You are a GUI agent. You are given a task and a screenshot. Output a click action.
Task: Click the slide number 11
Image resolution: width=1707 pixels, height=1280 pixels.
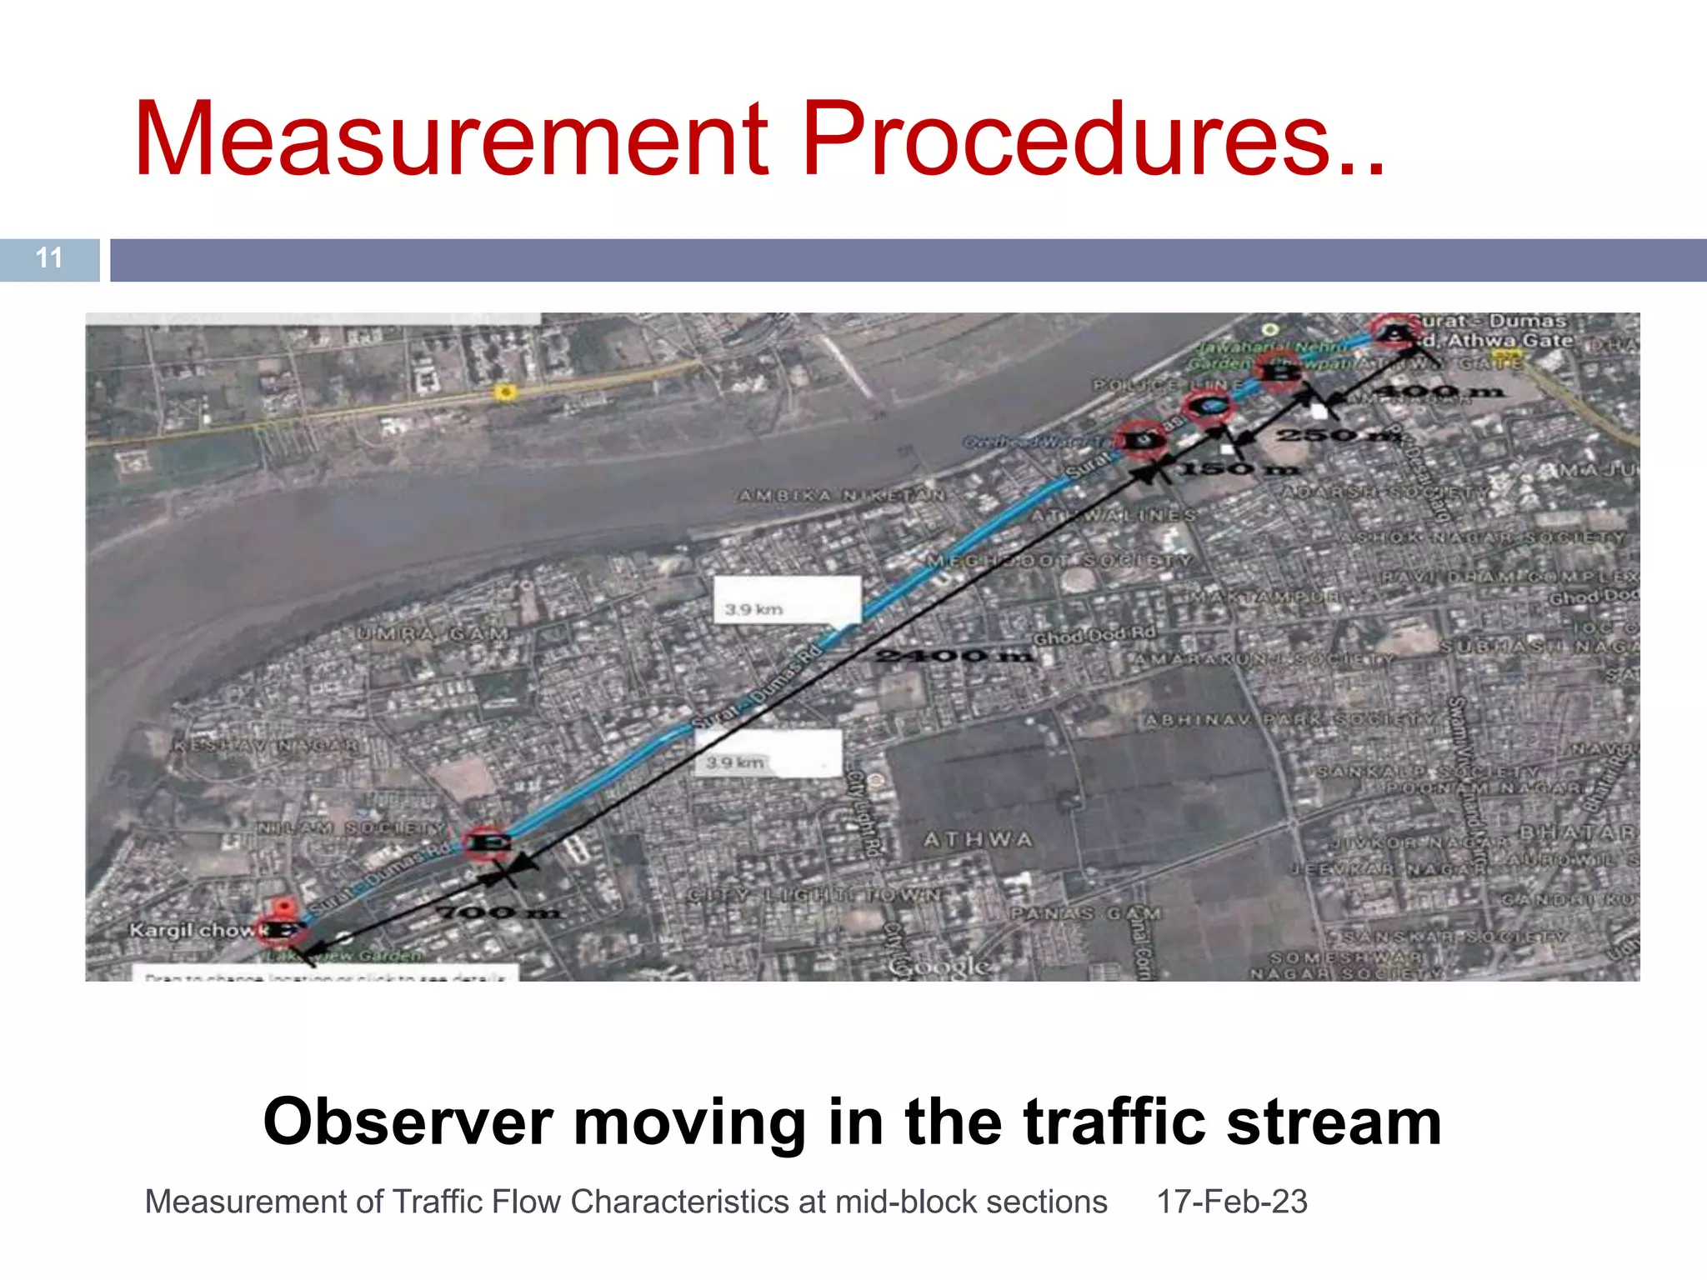click(49, 258)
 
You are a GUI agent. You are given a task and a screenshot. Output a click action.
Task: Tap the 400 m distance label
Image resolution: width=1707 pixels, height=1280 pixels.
click(1438, 391)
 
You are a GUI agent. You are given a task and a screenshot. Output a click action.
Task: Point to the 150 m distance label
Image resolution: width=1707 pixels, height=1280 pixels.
click(1239, 469)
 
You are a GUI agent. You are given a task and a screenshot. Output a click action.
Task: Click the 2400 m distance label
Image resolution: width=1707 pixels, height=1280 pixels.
click(955, 656)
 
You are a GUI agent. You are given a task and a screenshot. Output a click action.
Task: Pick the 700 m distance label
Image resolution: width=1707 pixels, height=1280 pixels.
click(498, 912)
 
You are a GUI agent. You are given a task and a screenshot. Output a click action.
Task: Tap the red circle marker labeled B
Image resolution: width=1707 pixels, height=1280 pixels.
click(1280, 372)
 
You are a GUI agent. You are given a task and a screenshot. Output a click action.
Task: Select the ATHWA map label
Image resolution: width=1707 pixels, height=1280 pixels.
click(978, 840)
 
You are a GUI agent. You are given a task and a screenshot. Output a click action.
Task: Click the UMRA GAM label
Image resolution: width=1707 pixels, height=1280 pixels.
click(433, 634)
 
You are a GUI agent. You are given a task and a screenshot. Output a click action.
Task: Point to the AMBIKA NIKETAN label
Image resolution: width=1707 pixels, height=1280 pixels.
click(842, 496)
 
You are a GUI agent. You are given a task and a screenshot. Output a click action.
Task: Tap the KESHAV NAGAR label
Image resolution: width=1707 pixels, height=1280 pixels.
click(266, 745)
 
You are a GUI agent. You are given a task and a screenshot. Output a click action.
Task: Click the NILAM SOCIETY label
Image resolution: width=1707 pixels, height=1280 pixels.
click(350, 828)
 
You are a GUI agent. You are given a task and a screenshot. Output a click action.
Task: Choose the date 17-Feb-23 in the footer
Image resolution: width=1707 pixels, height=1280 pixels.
click(1231, 1202)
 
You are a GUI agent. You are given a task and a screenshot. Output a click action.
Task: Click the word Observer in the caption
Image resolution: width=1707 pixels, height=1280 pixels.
click(408, 1122)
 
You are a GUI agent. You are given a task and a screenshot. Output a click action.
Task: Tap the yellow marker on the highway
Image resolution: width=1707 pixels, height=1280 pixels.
click(503, 392)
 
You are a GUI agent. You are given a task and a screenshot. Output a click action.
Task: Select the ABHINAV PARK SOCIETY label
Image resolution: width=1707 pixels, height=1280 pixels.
click(1290, 719)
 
